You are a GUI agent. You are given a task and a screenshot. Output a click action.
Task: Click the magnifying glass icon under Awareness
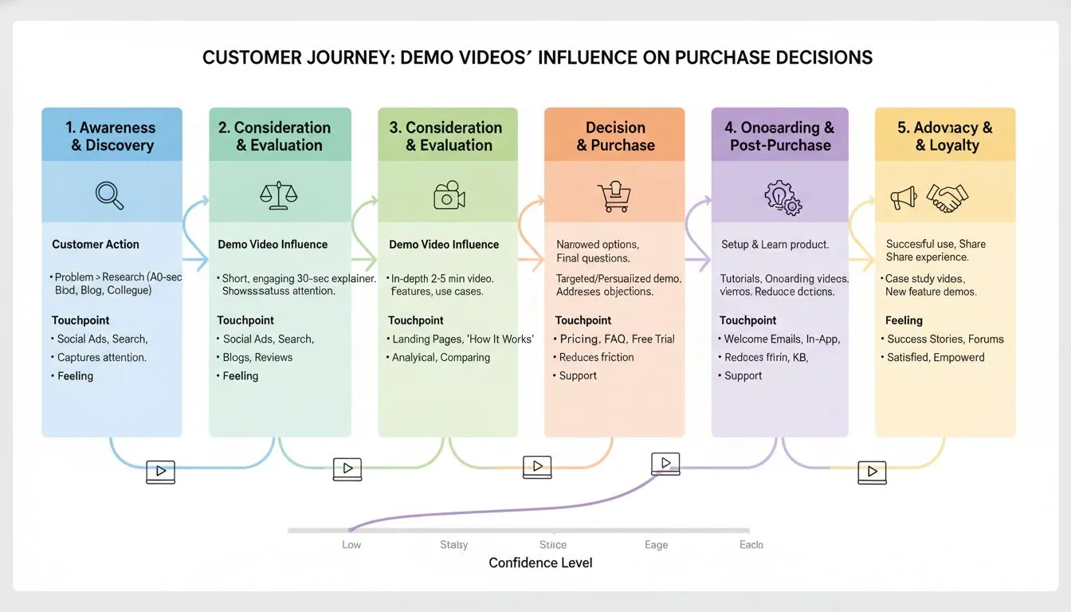coord(110,195)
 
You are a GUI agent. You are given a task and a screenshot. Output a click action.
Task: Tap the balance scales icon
coord(278,195)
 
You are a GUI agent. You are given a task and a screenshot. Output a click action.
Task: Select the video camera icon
coord(449,195)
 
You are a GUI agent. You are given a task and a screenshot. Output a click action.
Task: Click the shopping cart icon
coord(614,196)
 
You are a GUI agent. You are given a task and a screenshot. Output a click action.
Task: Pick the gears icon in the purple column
coord(783,197)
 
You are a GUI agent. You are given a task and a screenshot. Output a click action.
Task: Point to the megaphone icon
coord(903,198)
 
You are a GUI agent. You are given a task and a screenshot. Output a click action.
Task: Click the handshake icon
coord(947,198)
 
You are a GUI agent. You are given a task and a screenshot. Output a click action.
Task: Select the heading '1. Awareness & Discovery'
coord(112,136)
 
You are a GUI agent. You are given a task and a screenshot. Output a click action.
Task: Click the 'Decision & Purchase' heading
coord(615,136)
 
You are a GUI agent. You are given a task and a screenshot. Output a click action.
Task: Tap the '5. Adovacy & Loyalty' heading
coord(946,136)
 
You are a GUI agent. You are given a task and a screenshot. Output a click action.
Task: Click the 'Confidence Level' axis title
coord(540,563)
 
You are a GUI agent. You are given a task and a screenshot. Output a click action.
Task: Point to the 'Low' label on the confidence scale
coord(351,545)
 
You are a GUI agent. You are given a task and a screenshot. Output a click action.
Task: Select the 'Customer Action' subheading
coord(96,245)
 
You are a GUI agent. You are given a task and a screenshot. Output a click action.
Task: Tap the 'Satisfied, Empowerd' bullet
coord(936,358)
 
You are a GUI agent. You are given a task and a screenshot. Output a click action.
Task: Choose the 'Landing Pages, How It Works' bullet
coord(462,339)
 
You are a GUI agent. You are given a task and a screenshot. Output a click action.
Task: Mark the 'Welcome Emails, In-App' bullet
coord(781,339)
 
